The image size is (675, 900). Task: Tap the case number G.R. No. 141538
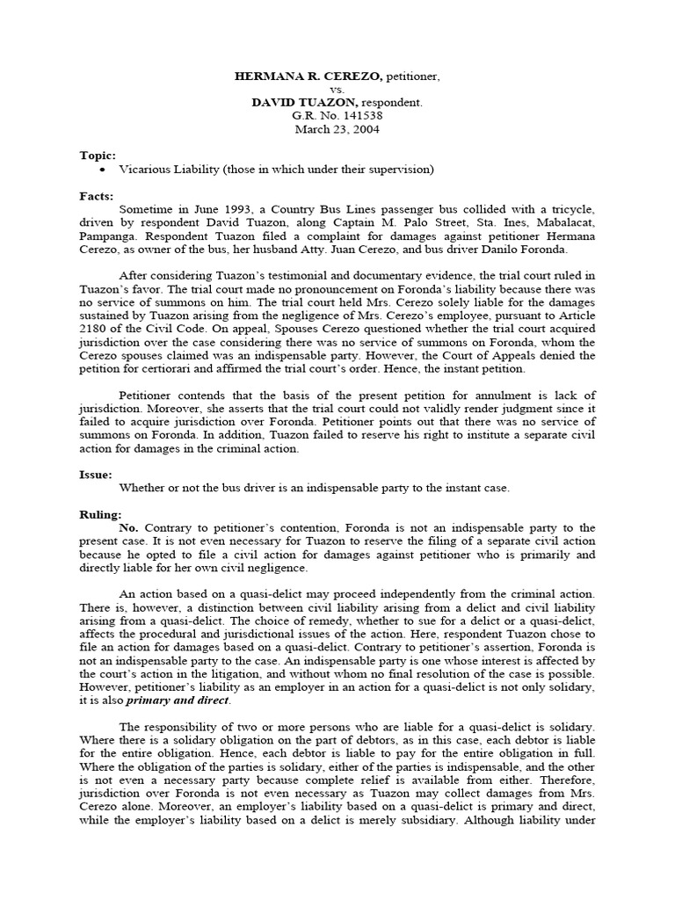coord(337,114)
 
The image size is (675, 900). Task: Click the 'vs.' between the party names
coord(337,90)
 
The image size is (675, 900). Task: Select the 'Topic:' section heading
coord(98,156)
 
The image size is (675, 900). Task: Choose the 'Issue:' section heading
coord(98,474)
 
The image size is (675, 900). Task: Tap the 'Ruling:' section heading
coord(101,514)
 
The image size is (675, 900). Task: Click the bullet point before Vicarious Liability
coord(104,169)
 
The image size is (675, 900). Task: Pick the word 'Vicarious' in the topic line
coord(143,169)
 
